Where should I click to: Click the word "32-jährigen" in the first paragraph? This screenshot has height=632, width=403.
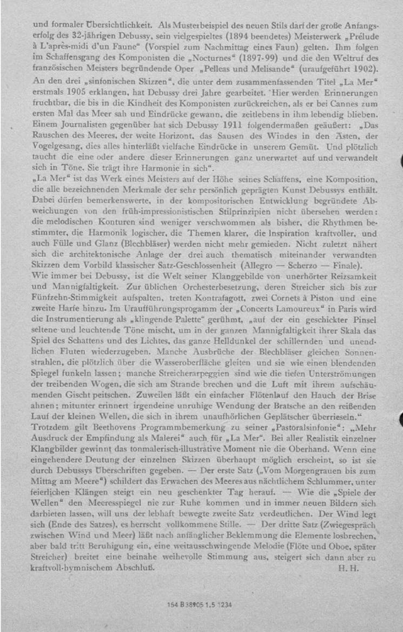tap(90, 36)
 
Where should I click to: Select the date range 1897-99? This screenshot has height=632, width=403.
tap(258, 57)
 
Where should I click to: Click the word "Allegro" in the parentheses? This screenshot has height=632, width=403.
tap(259, 265)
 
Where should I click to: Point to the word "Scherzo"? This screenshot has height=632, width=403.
tap(303, 265)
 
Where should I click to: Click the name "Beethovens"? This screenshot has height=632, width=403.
tap(114, 427)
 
